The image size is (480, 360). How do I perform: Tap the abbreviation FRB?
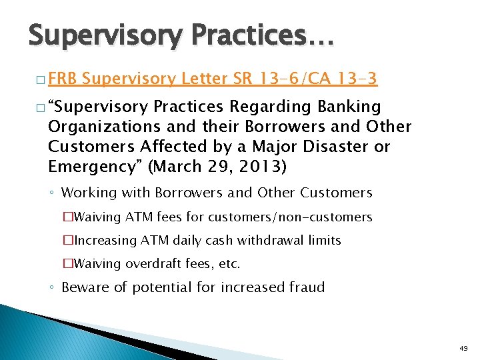pyautogui.click(x=62, y=79)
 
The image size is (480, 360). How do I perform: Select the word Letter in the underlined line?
pyautogui.click(x=205, y=79)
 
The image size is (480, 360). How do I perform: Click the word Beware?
pyautogui.click(x=85, y=287)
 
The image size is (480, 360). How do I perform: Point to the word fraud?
pyautogui.click(x=306, y=287)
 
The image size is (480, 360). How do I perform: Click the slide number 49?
pyautogui.click(x=463, y=347)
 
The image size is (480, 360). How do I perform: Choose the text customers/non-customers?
pyautogui.click(x=290, y=217)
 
